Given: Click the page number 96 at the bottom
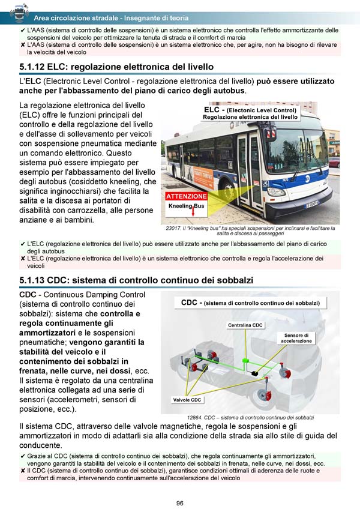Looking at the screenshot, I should point(179,503).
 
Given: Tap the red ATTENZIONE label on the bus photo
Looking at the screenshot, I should point(186,196).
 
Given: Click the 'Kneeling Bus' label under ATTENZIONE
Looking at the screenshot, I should point(186,206).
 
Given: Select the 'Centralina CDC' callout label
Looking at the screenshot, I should point(245,325).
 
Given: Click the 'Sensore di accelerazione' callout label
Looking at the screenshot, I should point(297,338).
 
